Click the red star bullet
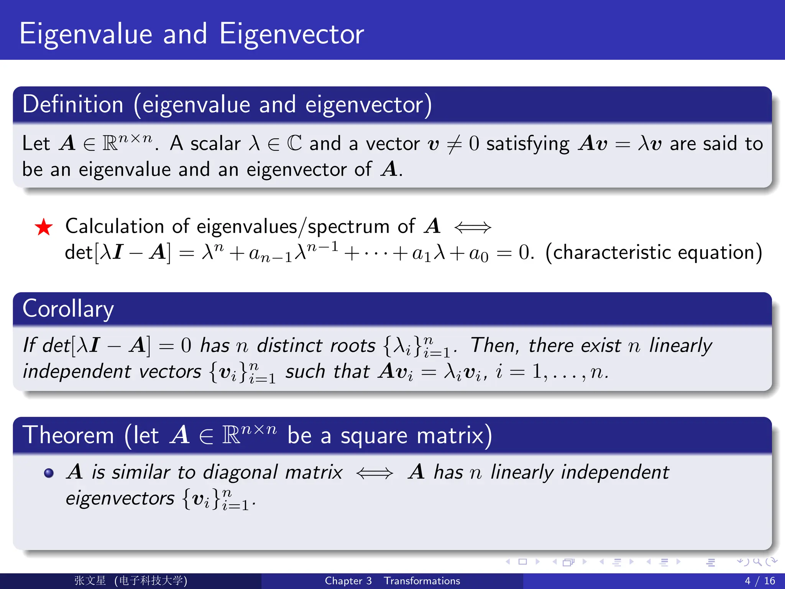44,227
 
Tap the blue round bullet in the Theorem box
49,473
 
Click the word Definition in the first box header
73,104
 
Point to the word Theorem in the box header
68,436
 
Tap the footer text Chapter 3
348,581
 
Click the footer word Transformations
422,581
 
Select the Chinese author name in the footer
90,581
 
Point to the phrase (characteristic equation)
654,253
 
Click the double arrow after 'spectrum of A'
472,227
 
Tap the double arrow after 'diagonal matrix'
374,473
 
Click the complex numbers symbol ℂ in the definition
294,144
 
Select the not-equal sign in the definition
455,145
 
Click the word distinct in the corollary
289,346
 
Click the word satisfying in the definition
528,145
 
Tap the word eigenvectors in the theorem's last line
120,499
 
